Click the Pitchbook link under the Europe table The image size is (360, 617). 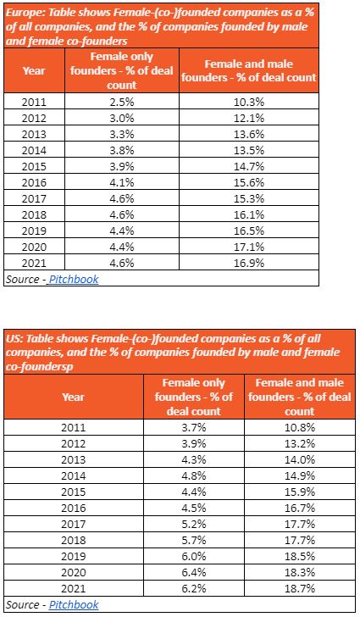tap(73, 279)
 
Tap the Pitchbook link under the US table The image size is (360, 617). tap(74, 604)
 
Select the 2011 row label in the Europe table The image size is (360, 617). tap(34, 102)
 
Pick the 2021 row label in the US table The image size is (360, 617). tap(73, 589)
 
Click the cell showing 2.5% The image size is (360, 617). tap(122, 102)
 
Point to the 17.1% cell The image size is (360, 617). tap(249, 247)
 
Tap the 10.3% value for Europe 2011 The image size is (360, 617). tap(249, 102)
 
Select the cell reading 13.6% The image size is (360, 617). tap(249, 134)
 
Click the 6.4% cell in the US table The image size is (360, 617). tap(194, 573)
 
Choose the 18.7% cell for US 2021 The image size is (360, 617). tap(300, 589)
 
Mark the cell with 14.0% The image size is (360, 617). tap(300, 459)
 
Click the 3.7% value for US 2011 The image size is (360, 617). tap(194, 427)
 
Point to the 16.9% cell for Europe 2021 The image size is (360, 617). tap(249, 263)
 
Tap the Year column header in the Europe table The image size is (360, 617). tap(34, 71)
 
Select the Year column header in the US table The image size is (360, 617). tap(73, 397)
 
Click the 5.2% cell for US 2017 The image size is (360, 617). tap(194, 524)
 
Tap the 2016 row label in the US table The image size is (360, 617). tap(73, 508)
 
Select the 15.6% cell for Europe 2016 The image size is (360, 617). tap(249, 182)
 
